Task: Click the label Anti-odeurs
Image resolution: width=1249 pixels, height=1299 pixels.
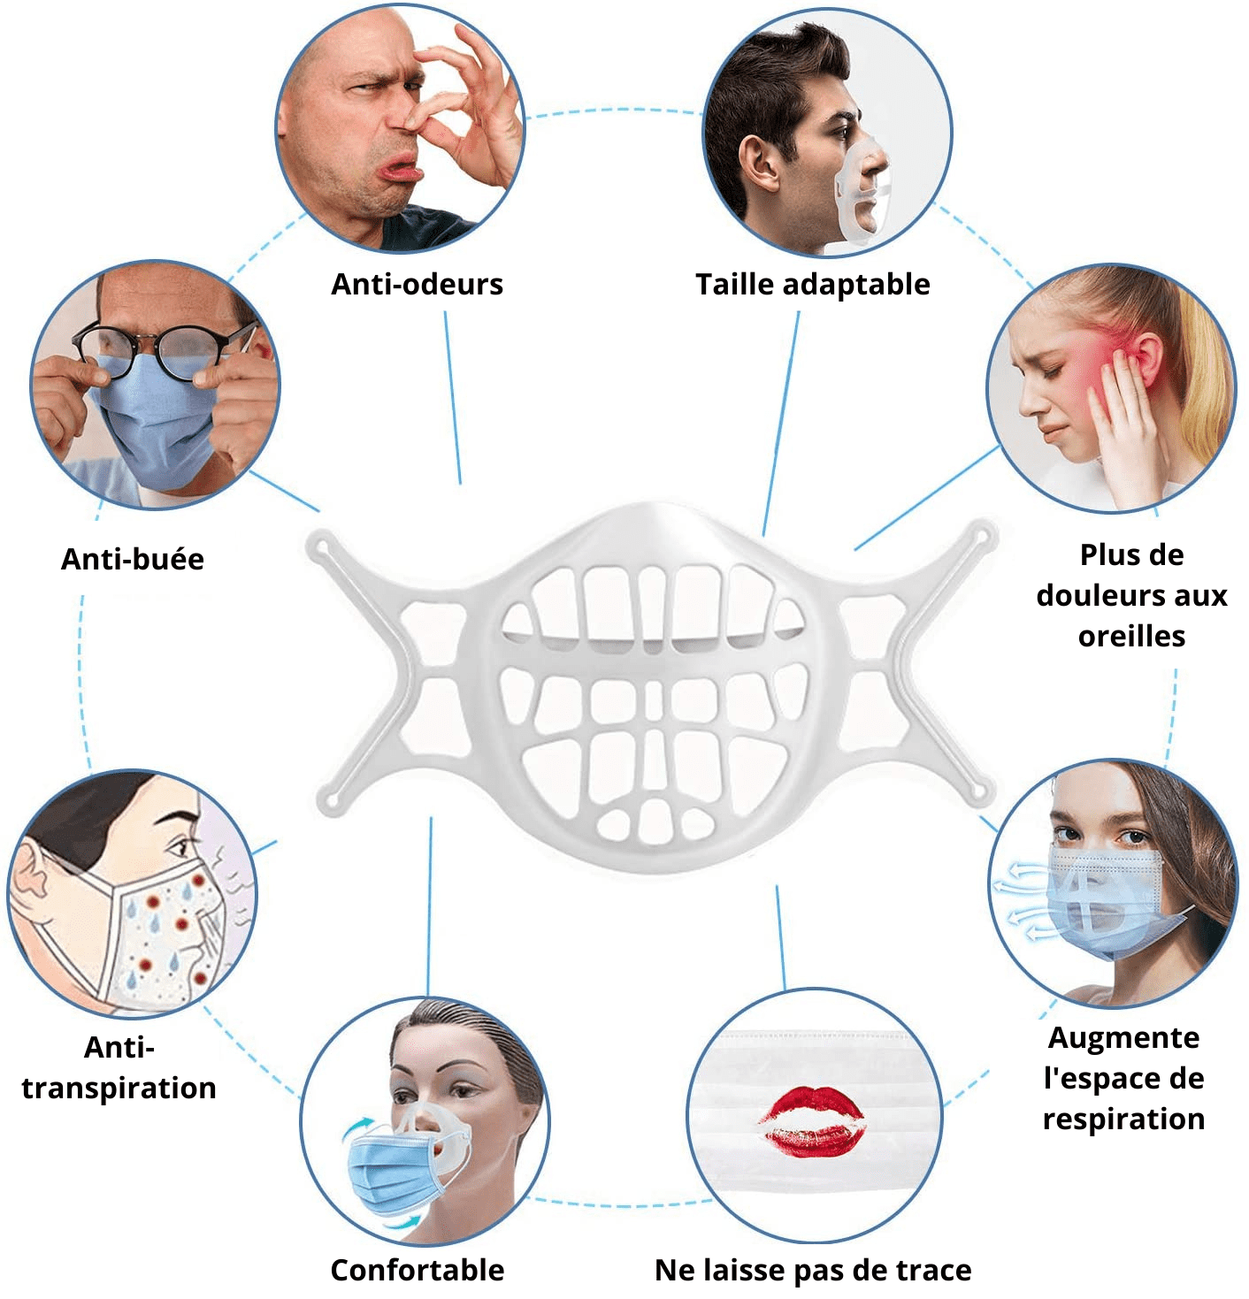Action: coord(417,285)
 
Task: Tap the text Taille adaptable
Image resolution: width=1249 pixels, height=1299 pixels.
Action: coord(812,285)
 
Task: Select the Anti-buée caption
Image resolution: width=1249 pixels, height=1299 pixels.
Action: coord(133,559)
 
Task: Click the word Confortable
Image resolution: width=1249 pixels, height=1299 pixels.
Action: coord(418,1270)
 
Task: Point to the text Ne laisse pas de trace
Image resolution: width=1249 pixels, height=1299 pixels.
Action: coord(813,1270)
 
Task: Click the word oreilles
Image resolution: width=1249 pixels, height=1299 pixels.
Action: coord(1131,636)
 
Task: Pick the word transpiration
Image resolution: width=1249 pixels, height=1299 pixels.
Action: coord(119,1088)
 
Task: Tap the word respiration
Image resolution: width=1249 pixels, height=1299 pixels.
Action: coord(1124,1119)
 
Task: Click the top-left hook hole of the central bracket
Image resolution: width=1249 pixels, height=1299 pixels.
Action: coord(322,546)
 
